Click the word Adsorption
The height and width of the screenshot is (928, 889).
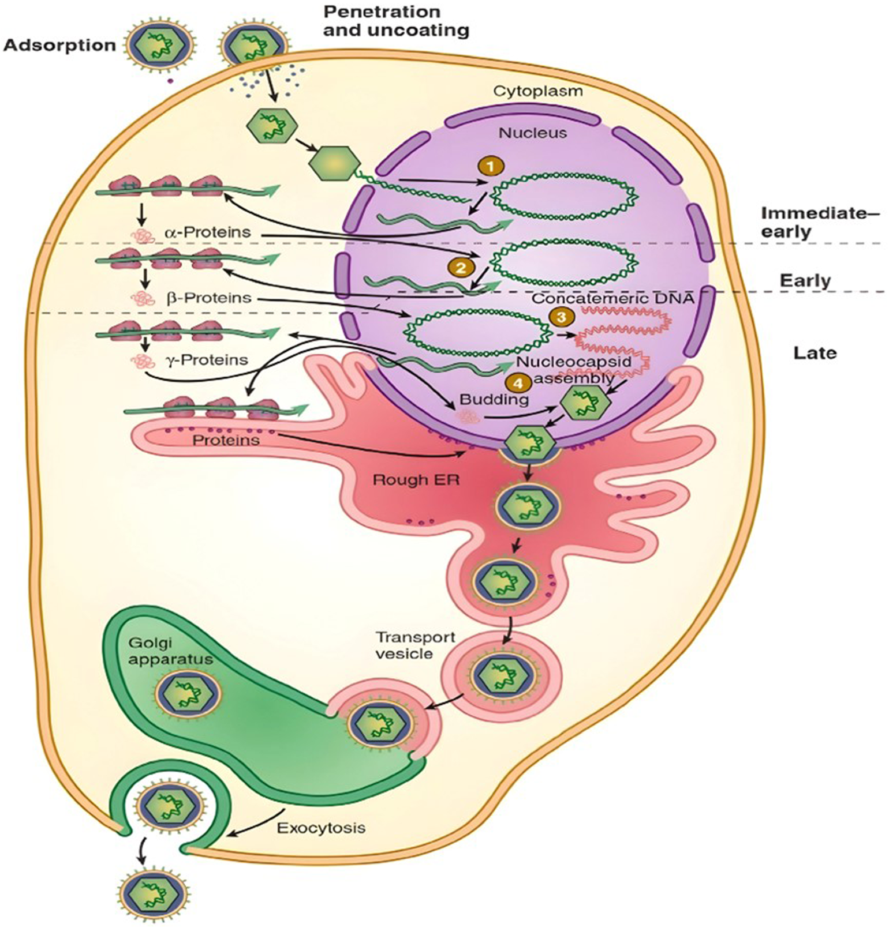point(59,45)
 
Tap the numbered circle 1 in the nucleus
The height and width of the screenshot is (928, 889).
point(490,167)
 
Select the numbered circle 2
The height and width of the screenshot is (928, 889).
point(461,268)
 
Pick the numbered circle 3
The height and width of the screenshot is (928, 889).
point(562,317)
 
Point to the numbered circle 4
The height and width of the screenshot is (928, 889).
point(518,382)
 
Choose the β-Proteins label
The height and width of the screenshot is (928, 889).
point(209,298)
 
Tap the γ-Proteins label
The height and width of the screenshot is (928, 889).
point(206,360)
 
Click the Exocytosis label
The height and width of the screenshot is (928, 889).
point(321,828)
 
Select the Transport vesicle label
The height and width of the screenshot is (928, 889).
point(408,645)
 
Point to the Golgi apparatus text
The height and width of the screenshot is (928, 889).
point(162,651)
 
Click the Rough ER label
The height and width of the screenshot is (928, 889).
point(416,480)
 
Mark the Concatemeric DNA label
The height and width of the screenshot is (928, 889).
point(612,298)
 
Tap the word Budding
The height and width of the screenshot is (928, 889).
point(494,399)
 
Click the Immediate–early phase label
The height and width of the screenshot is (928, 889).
point(820,222)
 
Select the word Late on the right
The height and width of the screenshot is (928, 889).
point(815,352)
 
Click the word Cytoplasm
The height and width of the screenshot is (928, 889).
point(538,91)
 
